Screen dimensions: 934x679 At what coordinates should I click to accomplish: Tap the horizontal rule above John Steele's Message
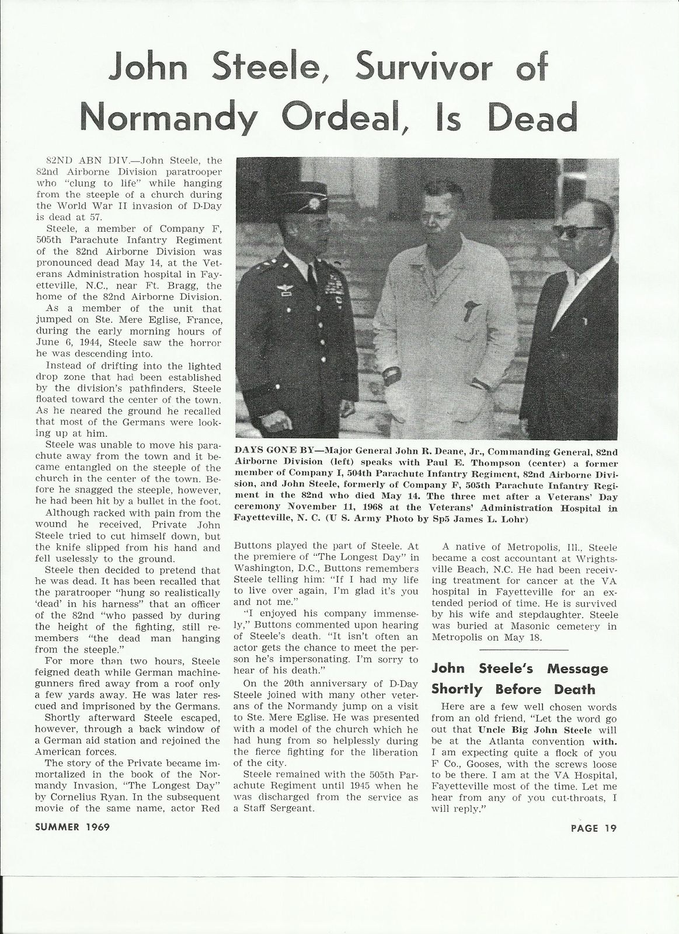(523, 650)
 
